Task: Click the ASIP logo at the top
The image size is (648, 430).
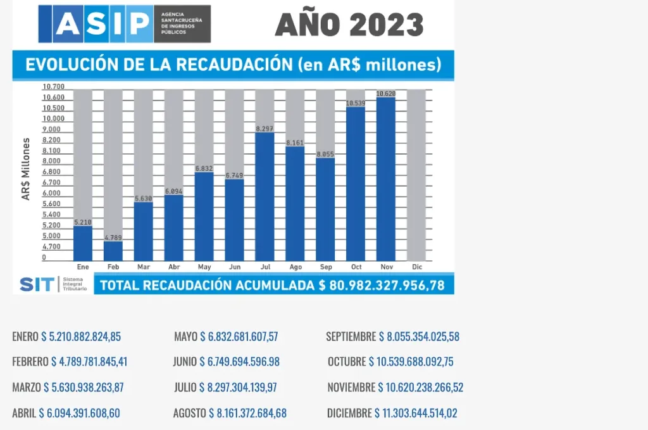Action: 124,24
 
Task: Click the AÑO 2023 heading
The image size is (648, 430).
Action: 349,25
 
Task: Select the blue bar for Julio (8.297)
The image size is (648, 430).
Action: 265,196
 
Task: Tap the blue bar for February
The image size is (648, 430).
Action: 113,250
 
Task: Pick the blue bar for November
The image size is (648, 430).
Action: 386,179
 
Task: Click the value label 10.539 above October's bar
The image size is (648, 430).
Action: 356,103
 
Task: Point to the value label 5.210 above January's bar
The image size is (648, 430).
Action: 83,222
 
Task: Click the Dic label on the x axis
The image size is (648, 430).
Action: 416,267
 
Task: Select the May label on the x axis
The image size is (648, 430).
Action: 204,267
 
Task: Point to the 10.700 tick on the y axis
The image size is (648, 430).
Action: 54,87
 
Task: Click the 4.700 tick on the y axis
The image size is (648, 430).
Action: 52,247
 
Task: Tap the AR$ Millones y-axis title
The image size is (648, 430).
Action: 27,168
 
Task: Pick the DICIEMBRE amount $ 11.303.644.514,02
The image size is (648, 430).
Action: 416,414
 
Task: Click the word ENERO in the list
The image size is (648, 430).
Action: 25,336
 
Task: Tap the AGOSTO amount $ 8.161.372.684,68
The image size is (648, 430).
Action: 247,414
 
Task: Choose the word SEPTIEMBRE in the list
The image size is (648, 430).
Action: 351,336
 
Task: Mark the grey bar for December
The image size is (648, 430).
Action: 416,174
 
